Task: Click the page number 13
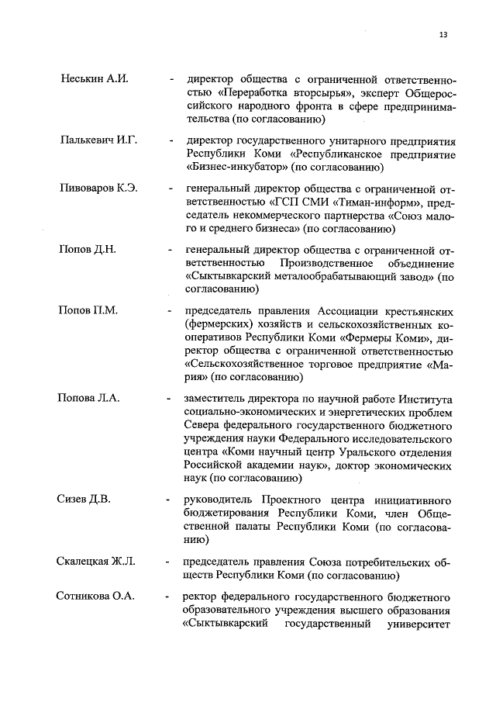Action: pyautogui.click(x=443, y=34)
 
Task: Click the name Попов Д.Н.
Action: pyautogui.click(x=87, y=250)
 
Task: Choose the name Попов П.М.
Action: pyautogui.click(x=88, y=311)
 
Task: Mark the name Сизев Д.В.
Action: pyautogui.click(x=84, y=499)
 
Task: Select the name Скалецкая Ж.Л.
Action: pyautogui.click(x=97, y=561)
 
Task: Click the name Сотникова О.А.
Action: pyautogui.click(x=95, y=597)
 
